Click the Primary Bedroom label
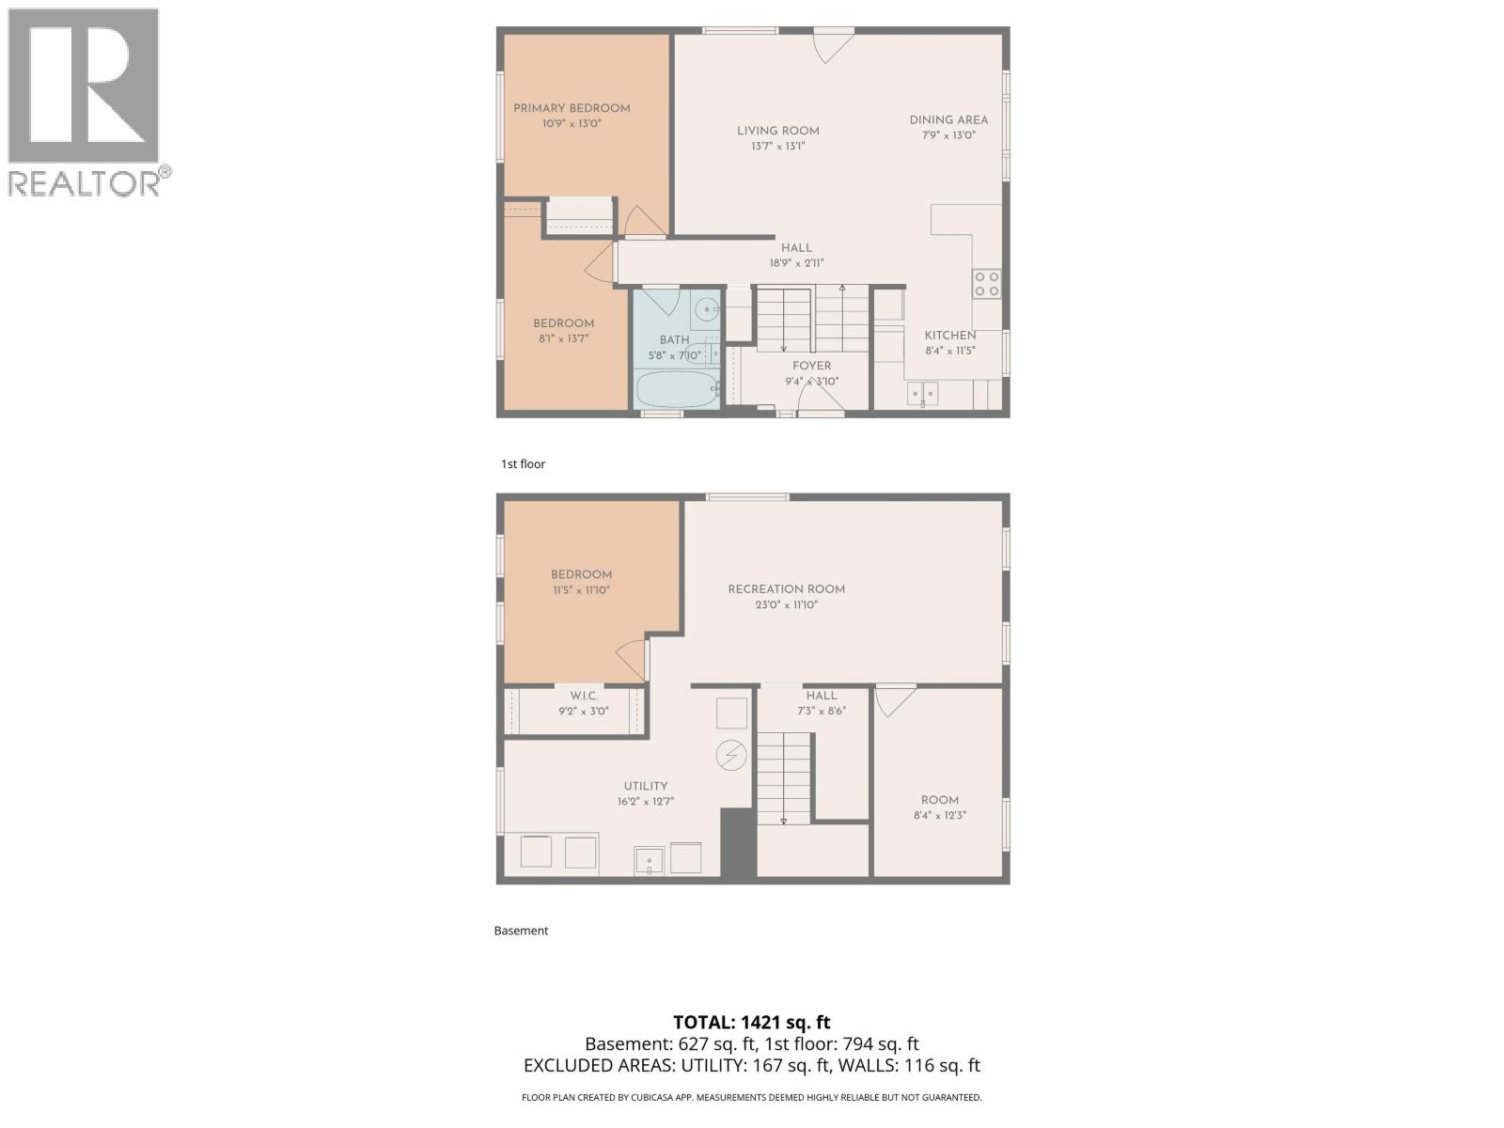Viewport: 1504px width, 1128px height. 572,108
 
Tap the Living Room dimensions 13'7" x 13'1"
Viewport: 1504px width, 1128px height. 778,147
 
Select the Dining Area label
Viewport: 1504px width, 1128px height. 948,119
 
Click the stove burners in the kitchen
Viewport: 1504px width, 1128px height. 986,284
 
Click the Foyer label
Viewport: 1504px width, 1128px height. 811,366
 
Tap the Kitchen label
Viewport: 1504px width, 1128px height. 950,336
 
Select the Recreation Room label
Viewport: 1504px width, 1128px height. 786,589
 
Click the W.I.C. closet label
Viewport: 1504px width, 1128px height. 584,696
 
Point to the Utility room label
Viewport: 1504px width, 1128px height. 646,786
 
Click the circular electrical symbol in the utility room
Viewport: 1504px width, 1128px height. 731,754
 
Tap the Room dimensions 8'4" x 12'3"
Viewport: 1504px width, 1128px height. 940,816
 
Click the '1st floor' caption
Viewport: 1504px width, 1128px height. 523,464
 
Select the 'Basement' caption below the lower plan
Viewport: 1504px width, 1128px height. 521,931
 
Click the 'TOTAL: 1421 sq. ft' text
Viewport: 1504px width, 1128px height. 752,1022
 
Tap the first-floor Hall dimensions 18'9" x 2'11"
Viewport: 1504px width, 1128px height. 796,263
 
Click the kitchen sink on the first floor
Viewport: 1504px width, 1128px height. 922,393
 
